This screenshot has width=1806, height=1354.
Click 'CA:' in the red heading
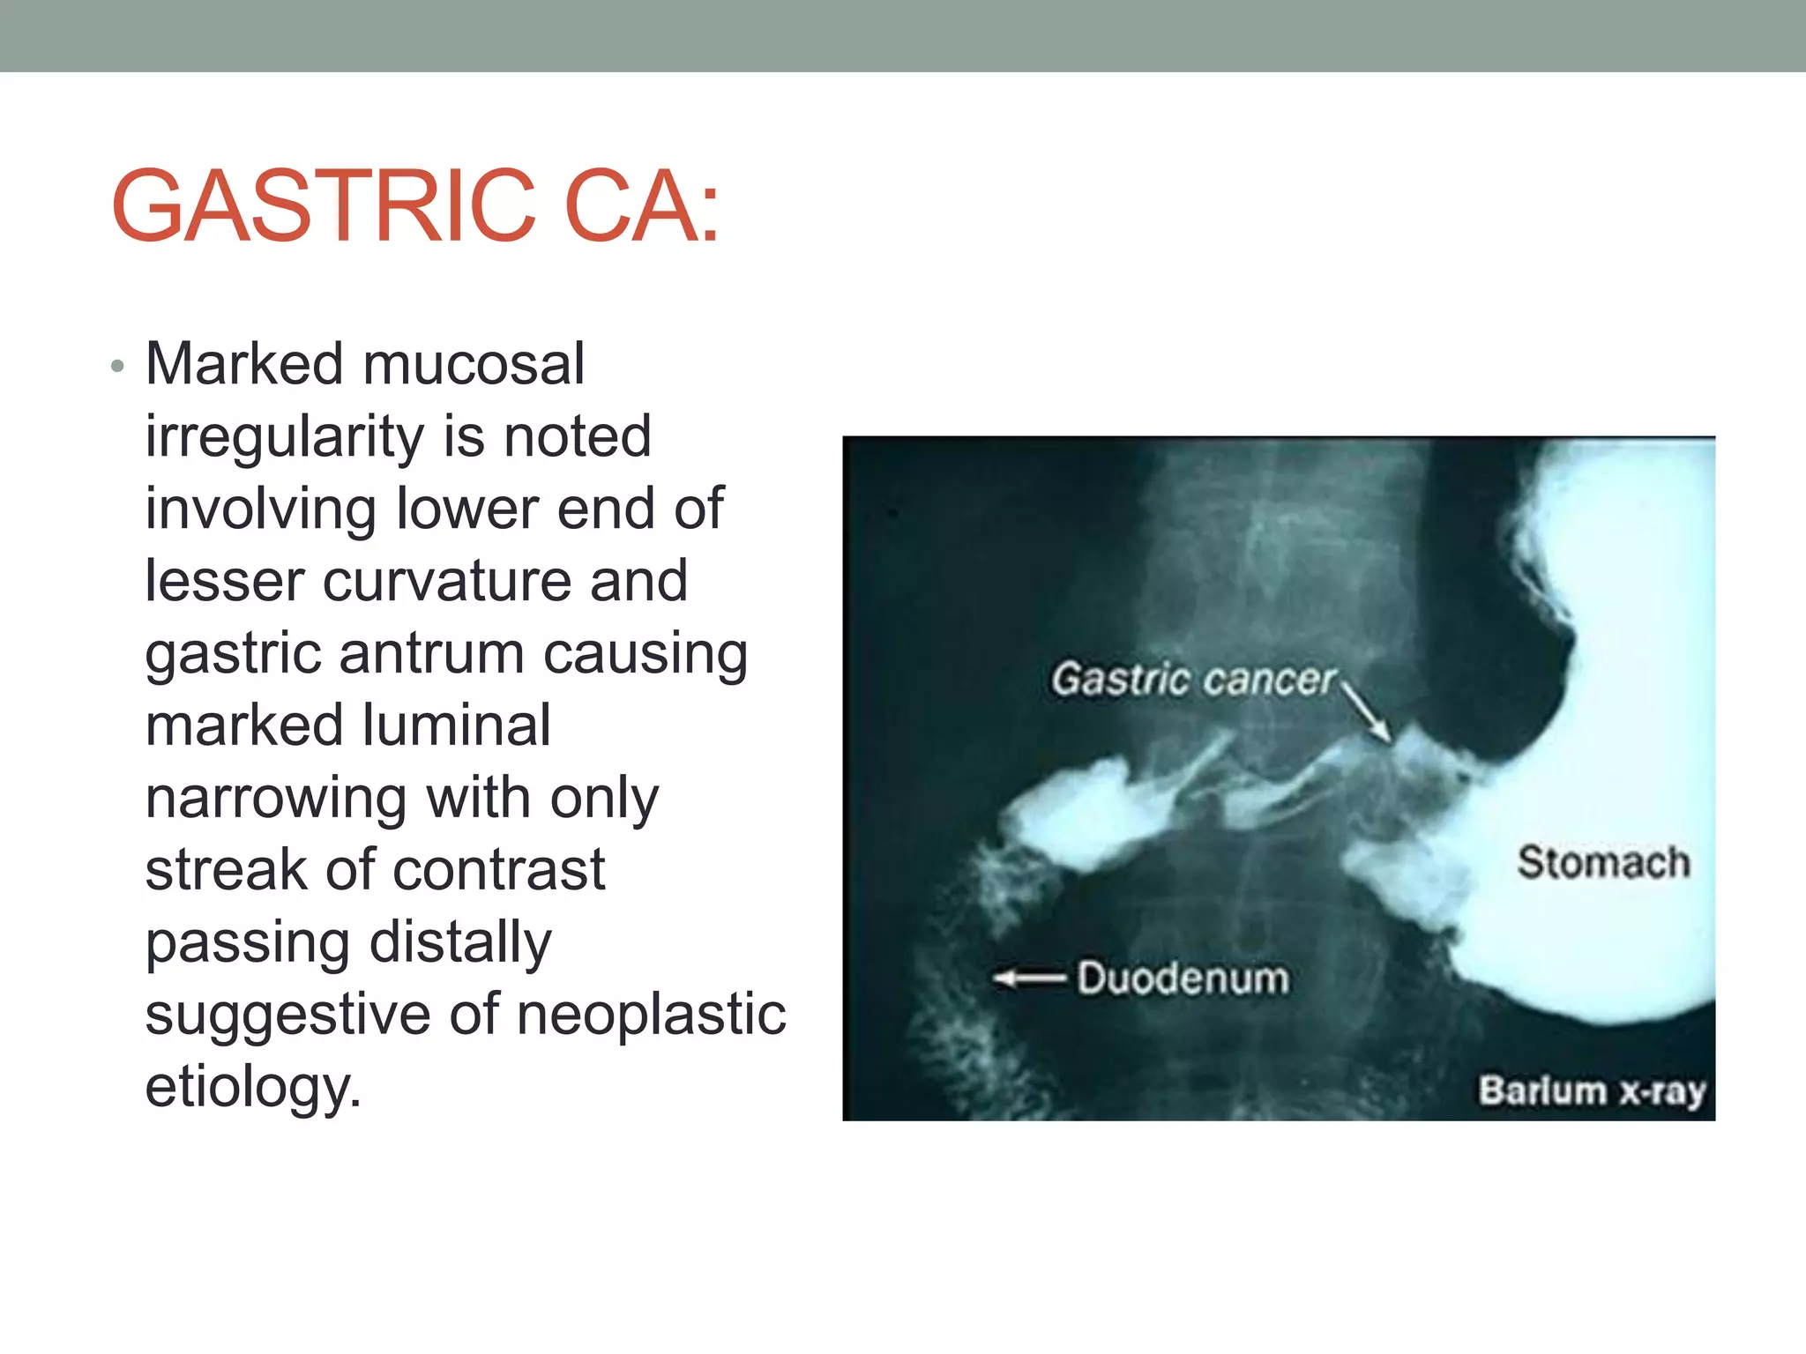coord(642,206)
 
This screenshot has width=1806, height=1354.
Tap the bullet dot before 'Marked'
coord(118,367)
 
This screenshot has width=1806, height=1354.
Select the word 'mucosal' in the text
coord(474,364)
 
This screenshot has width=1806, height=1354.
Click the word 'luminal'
coord(456,725)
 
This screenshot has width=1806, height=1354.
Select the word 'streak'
coord(225,870)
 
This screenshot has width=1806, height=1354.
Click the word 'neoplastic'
coord(651,1015)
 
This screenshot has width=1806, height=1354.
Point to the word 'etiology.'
coord(253,1087)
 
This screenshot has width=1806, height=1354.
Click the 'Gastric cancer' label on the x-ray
coord(1193,680)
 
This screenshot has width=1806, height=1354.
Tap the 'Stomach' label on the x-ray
coord(1602,862)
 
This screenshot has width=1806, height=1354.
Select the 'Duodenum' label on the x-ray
coord(1183,978)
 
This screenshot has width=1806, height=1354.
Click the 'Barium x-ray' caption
coord(1592,1091)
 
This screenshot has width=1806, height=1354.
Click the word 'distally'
coord(459,942)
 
